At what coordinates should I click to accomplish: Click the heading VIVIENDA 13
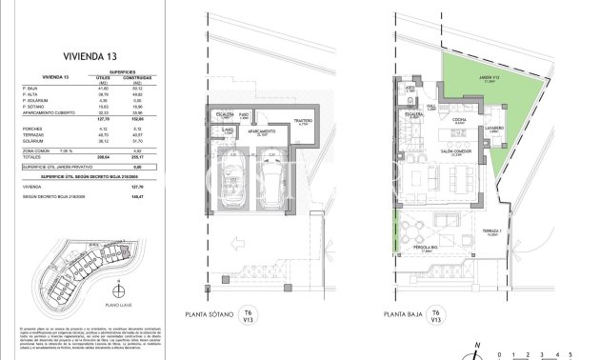[85, 55]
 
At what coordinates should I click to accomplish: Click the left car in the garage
[230, 180]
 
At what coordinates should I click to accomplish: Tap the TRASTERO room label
[303, 122]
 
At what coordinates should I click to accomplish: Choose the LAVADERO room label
[493, 129]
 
